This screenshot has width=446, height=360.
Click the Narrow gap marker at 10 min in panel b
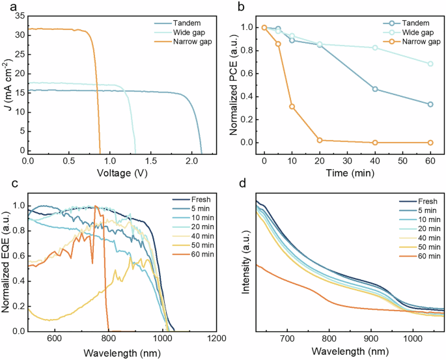coord(292,106)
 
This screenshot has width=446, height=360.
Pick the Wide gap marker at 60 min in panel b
coord(430,64)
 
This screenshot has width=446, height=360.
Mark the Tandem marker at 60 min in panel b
coord(430,104)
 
